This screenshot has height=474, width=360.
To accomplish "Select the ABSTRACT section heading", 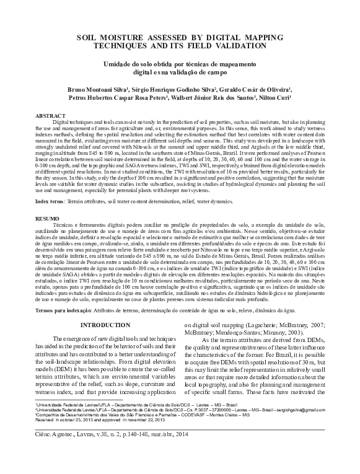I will (x=50, y=116).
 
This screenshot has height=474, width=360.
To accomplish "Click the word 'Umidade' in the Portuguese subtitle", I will (x=125, y=64).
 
